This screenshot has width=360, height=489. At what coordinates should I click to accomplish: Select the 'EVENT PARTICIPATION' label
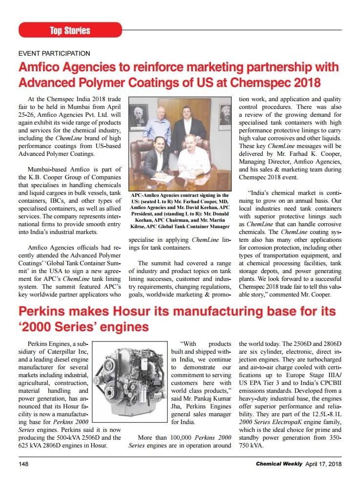tap(54, 53)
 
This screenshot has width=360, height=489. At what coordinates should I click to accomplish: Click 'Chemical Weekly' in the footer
tap(279, 463)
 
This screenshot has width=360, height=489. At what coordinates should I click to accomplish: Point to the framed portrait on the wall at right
tap(225, 115)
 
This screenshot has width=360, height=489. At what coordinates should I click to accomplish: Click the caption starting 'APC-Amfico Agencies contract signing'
tap(180, 211)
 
